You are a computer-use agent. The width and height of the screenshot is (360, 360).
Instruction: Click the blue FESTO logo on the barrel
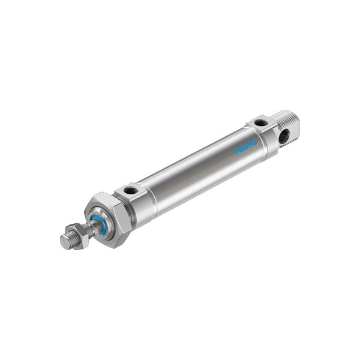click(x=245, y=146)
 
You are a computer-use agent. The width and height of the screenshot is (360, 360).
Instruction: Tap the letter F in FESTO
click(x=237, y=151)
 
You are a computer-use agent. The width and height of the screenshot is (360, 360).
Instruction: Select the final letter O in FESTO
click(x=254, y=142)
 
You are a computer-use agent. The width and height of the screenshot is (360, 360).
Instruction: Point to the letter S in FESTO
click(x=245, y=146)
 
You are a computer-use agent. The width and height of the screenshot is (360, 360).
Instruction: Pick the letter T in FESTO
click(x=250, y=145)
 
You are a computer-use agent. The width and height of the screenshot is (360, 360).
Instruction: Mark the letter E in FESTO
click(x=241, y=149)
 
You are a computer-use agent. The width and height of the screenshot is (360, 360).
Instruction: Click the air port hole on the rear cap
click(x=260, y=123)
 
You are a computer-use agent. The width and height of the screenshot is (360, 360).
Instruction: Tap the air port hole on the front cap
click(x=131, y=191)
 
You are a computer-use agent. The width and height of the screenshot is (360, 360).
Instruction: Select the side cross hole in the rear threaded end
click(x=283, y=136)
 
